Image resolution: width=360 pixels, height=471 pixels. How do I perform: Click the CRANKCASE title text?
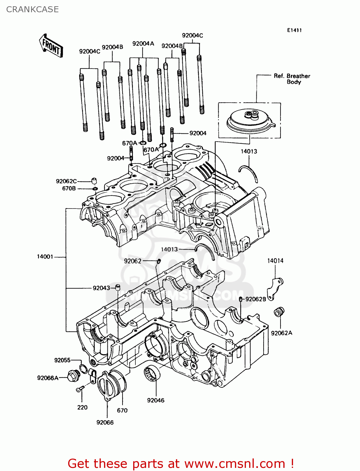coord(32,9)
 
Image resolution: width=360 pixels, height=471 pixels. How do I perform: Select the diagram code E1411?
coord(294,30)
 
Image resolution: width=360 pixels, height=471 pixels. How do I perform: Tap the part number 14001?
coord(45,257)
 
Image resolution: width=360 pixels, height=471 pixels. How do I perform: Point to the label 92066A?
coord(48,378)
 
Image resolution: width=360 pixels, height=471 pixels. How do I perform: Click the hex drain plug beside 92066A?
coord(73,376)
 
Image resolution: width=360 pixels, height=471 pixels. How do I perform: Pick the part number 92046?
coord(155,400)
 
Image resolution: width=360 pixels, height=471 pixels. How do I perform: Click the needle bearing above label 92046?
coord(152,374)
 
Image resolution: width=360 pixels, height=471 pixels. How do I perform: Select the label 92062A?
coord(281,333)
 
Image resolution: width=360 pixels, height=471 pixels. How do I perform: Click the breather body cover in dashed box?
coord(250,121)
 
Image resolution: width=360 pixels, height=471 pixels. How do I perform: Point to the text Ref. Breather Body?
coord(292,79)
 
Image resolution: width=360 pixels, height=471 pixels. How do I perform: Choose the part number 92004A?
coord(143,44)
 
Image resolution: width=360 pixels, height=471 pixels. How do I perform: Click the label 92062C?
coord(66,181)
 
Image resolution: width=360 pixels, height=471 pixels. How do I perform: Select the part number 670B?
coord(69,189)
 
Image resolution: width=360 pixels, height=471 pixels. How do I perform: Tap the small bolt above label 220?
coord(79,389)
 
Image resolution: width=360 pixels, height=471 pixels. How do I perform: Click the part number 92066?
coord(105,423)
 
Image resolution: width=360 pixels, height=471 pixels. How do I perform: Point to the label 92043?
coord(101,288)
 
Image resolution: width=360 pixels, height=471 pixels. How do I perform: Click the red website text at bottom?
coord(181,463)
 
